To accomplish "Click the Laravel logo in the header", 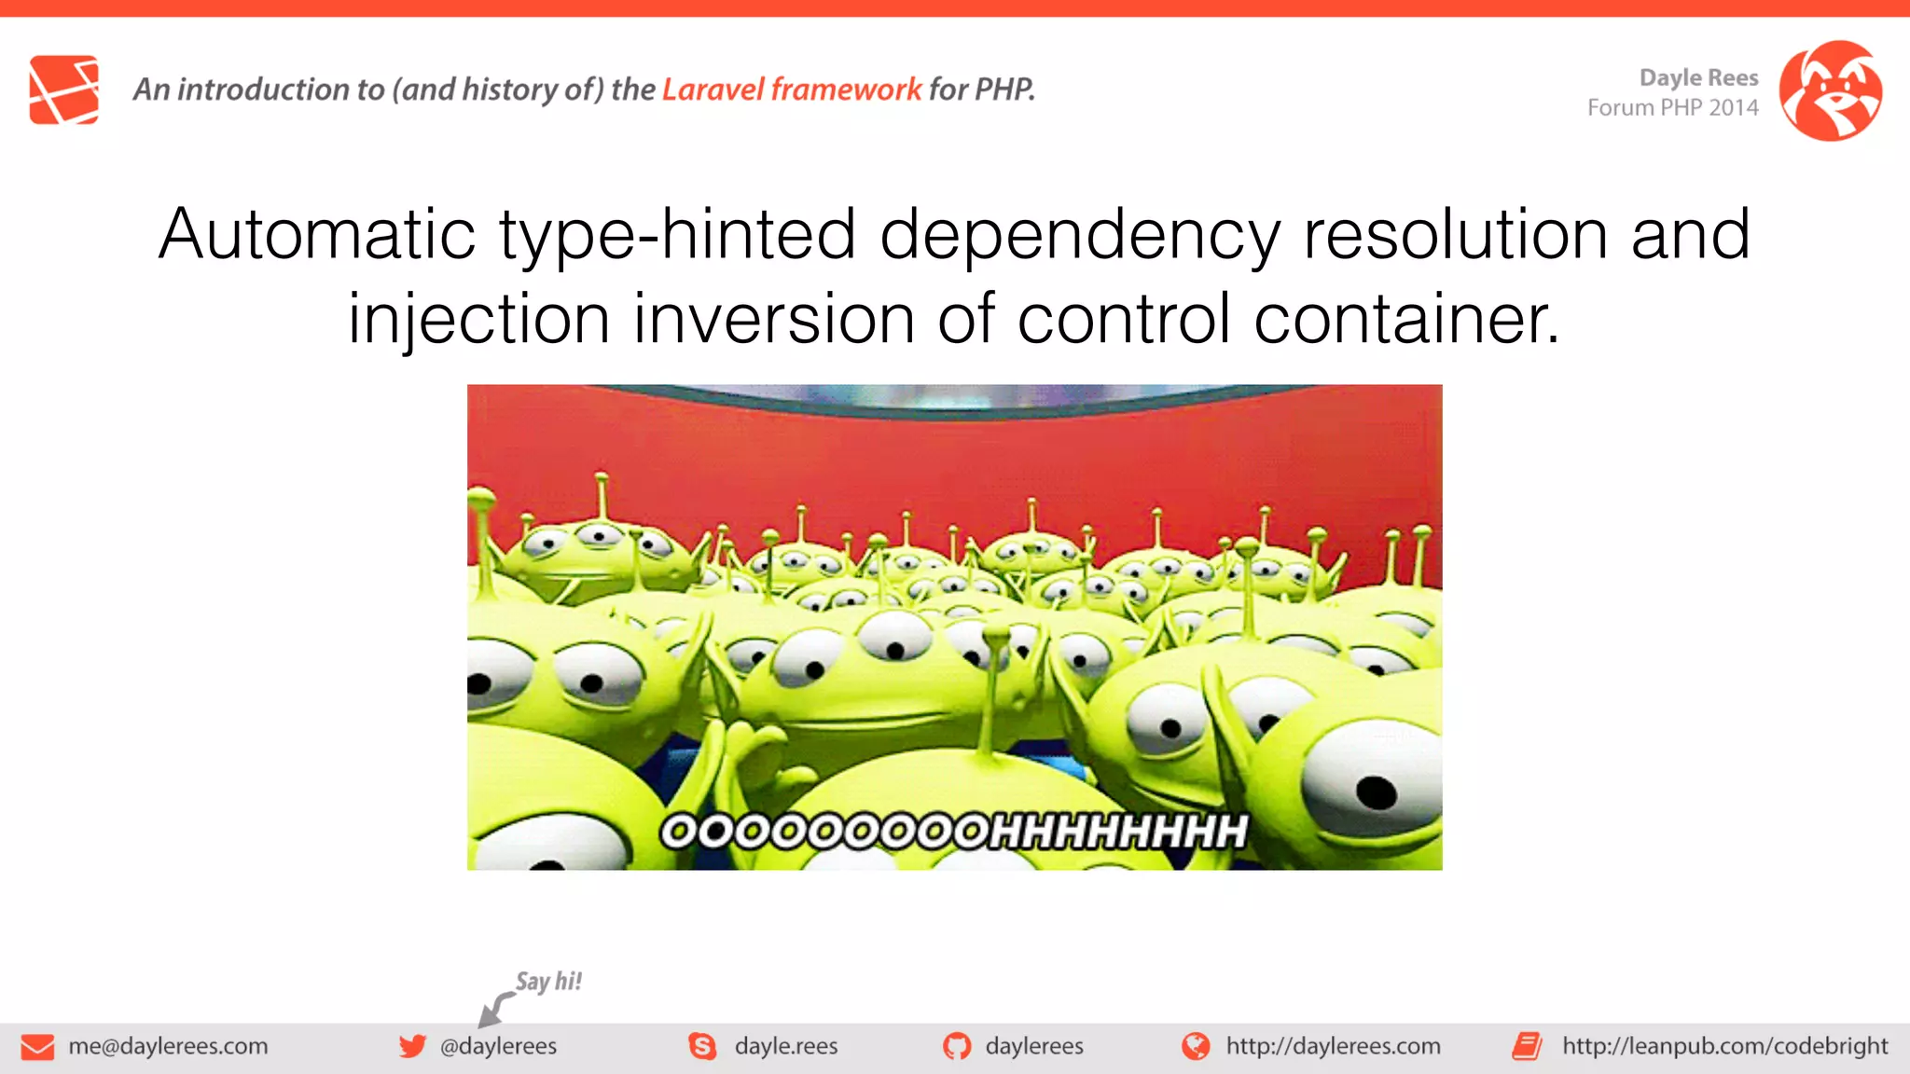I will click(63, 89).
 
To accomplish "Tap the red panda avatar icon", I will click(1830, 90).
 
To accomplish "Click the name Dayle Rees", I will click(1698, 77).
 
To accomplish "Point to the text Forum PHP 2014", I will click(1672, 108).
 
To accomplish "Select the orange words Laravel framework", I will click(791, 89).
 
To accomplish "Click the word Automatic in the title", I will click(317, 234).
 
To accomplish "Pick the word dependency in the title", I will click(1079, 234).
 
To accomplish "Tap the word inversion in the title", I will click(773, 319).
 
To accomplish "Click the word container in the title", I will click(1405, 319).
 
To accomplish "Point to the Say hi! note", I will click(548, 981).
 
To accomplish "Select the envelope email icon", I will click(37, 1047).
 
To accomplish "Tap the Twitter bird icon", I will click(412, 1046).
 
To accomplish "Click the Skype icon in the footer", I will click(702, 1046).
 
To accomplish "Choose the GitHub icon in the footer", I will click(957, 1046).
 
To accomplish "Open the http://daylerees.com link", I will click(1333, 1046).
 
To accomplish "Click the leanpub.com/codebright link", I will click(1724, 1046).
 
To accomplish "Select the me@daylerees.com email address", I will click(168, 1046).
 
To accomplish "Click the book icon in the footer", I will click(1527, 1046).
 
